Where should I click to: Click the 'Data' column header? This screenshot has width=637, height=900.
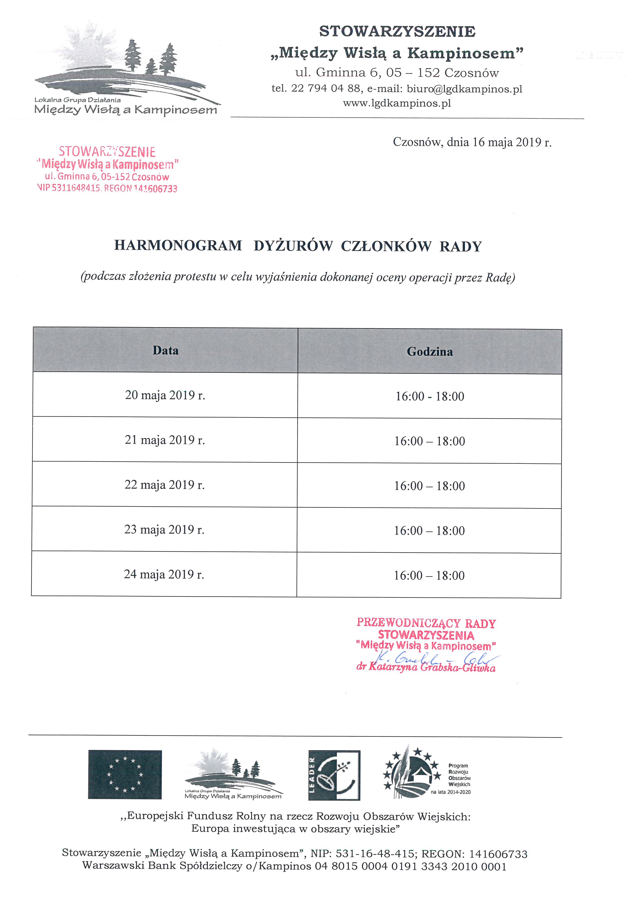[166, 350]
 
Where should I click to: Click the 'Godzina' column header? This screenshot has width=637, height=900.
[430, 352]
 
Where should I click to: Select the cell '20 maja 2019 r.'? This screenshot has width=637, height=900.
[165, 395]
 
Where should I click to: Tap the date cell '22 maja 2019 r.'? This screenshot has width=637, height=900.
[165, 485]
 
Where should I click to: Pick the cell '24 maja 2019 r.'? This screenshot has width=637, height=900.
[164, 574]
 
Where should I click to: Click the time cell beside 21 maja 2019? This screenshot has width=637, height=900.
[430, 441]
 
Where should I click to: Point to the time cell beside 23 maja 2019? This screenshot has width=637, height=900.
[429, 531]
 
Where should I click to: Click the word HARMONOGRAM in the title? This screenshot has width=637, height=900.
[178, 246]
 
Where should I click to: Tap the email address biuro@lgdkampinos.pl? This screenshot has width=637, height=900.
[465, 89]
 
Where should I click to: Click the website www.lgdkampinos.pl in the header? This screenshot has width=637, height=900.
[397, 104]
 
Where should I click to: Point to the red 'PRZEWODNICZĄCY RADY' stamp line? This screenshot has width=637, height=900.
[426, 623]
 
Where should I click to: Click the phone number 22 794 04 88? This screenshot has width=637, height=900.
[325, 89]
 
